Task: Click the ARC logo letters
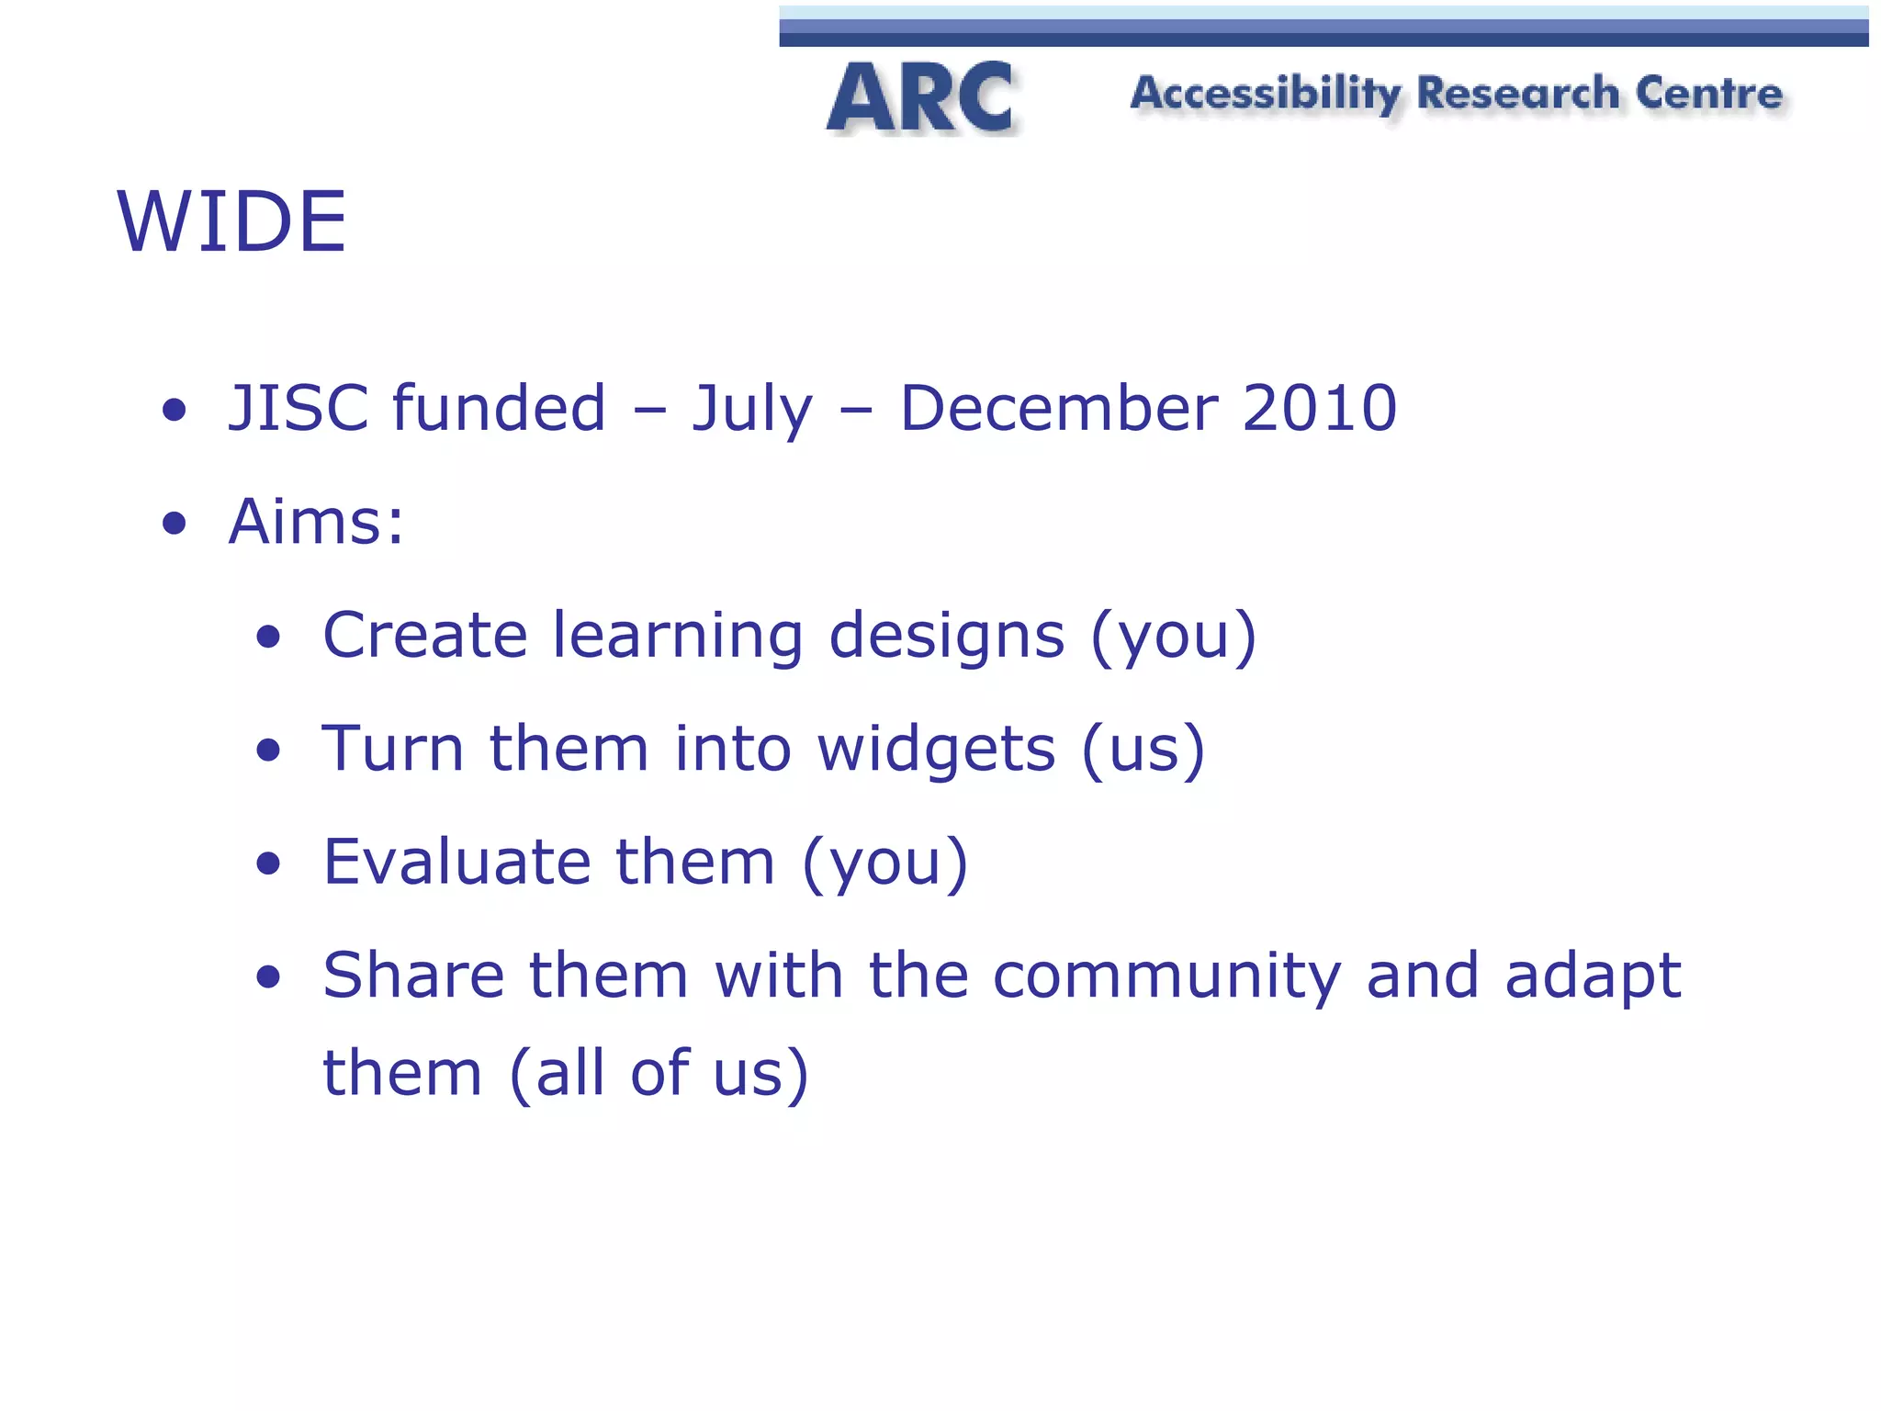[x=920, y=97]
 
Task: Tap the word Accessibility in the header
[x=1266, y=94]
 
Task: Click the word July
[x=751, y=410]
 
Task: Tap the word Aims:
[x=316, y=522]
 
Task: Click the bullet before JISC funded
[x=174, y=411]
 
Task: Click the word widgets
[x=936, y=750]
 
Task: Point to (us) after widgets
[x=1143, y=750]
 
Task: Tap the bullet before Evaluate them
[x=268, y=864]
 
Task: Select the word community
[x=1166, y=976]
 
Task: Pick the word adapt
[x=1593, y=976]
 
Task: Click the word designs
[x=946, y=637]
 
